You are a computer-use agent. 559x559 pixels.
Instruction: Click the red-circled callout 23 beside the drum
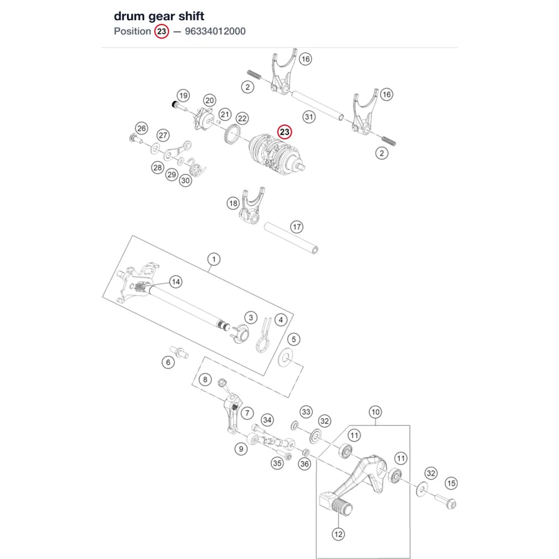pyautogui.click(x=285, y=132)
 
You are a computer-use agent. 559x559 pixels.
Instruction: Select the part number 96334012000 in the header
pyautogui.click(x=215, y=31)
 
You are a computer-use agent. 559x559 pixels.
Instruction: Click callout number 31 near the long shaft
pyautogui.click(x=309, y=117)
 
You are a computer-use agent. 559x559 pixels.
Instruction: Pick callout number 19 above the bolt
pyautogui.click(x=183, y=96)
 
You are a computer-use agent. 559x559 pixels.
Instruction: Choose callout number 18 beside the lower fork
pyautogui.click(x=233, y=203)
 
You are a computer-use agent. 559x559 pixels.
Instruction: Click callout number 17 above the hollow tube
pyautogui.click(x=297, y=227)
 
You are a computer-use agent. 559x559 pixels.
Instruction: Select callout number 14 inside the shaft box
pyautogui.click(x=176, y=282)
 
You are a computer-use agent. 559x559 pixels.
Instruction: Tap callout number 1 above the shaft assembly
pyautogui.click(x=214, y=259)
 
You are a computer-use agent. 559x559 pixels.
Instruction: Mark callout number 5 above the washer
pyautogui.click(x=294, y=339)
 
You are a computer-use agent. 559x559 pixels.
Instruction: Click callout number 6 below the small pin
pyautogui.click(x=168, y=363)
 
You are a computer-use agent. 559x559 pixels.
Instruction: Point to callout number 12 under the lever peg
pyautogui.click(x=338, y=534)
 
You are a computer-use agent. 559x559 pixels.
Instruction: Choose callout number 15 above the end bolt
pyautogui.click(x=451, y=484)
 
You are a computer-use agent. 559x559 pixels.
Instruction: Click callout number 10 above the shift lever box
pyautogui.click(x=376, y=412)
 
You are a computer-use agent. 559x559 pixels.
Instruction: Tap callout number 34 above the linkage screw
pyautogui.click(x=267, y=420)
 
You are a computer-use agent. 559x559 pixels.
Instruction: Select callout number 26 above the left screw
pyautogui.click(x=142, y=129)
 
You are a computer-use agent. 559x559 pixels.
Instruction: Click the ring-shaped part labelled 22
pyautogui.click(x=233, y=134)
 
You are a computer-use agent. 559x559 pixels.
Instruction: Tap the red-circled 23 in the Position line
pyautogui.click(x=162, y=31)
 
